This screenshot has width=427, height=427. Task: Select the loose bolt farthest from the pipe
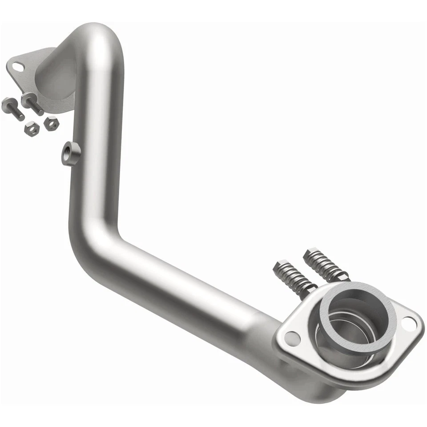pyautogui.click(x=12, y=107)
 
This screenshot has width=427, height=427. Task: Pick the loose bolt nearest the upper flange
pyautogui.click(x=32, y=103)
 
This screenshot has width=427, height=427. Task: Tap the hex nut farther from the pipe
pyautogui.click(x=32, y=128)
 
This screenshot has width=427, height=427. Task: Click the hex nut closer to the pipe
pyautogui.click(x=51, y=123)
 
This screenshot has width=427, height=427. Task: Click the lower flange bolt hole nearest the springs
pyautogui.click(x=292, y=338)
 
